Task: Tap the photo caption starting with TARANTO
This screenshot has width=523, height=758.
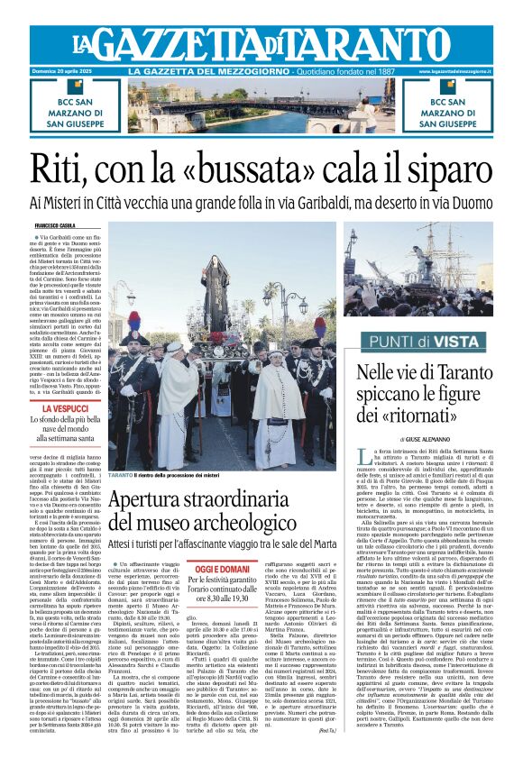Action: (171, 474)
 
